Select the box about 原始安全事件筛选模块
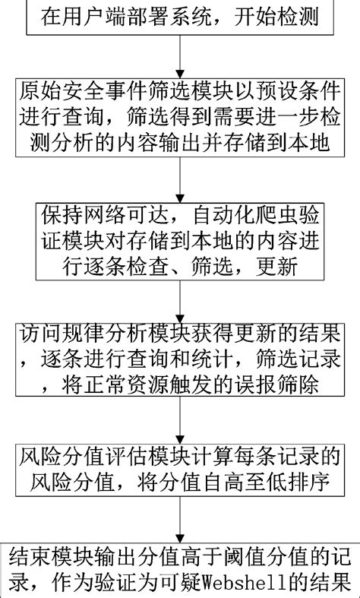[180, 117]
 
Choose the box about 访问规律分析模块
[180, 360]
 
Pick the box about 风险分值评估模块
[180, 470]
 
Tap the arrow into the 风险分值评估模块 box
[180, 419]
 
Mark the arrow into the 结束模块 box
[180, 522]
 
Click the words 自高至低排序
[273, 483]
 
